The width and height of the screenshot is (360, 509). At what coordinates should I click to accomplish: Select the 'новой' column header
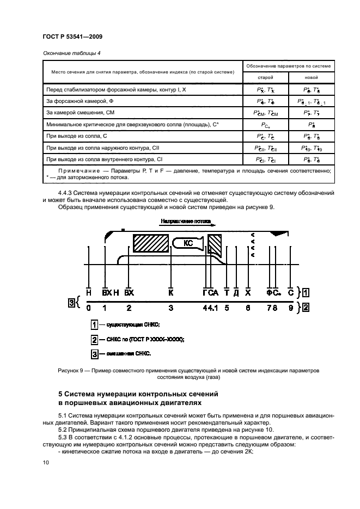tap(312, 77)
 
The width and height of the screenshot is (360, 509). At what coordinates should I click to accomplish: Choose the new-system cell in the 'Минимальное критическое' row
tap(312, 125)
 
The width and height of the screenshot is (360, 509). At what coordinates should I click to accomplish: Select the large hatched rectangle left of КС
tap(151, 243)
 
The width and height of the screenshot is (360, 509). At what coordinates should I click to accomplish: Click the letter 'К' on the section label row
tap(170, 292)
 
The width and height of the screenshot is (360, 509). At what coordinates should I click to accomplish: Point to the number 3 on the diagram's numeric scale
tap(170, 308)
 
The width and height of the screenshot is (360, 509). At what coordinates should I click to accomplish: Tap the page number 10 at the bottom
tap(46, 462)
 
